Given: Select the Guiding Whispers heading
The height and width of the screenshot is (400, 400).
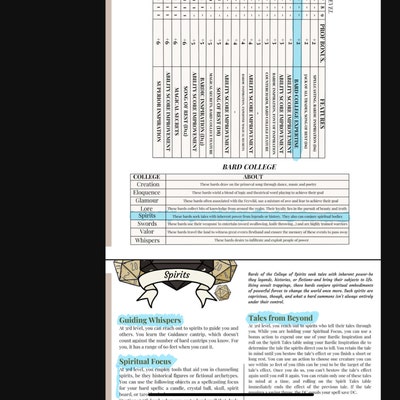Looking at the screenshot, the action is point(150,319).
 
